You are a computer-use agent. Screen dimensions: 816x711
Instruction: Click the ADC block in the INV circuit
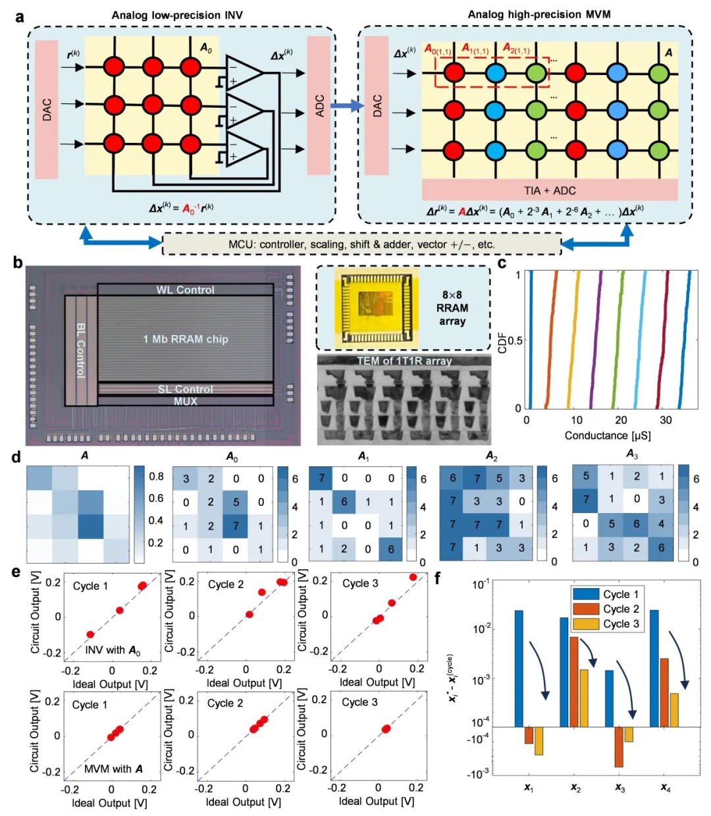tap(319, 105)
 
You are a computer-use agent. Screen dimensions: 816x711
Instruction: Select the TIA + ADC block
tap(550, 190)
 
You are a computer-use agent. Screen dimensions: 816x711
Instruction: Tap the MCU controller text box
tap(361, 244)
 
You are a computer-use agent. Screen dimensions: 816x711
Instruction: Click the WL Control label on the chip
tap(185, 290)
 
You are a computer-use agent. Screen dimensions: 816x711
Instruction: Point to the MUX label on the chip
tap(185, 401)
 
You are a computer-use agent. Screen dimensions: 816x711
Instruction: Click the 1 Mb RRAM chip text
tap(186, 339)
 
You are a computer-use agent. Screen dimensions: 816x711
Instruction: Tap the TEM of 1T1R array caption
tap(404, 361)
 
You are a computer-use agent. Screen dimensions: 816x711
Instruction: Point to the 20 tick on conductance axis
tap(621, 420)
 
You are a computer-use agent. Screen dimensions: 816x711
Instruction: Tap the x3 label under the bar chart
tap(619, 788)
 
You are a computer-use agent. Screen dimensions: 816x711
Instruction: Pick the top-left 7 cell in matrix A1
tap(321, 478)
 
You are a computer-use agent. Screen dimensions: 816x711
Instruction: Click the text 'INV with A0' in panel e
tap(113, 651)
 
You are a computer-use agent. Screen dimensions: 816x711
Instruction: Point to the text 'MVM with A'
tap(113, 769)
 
